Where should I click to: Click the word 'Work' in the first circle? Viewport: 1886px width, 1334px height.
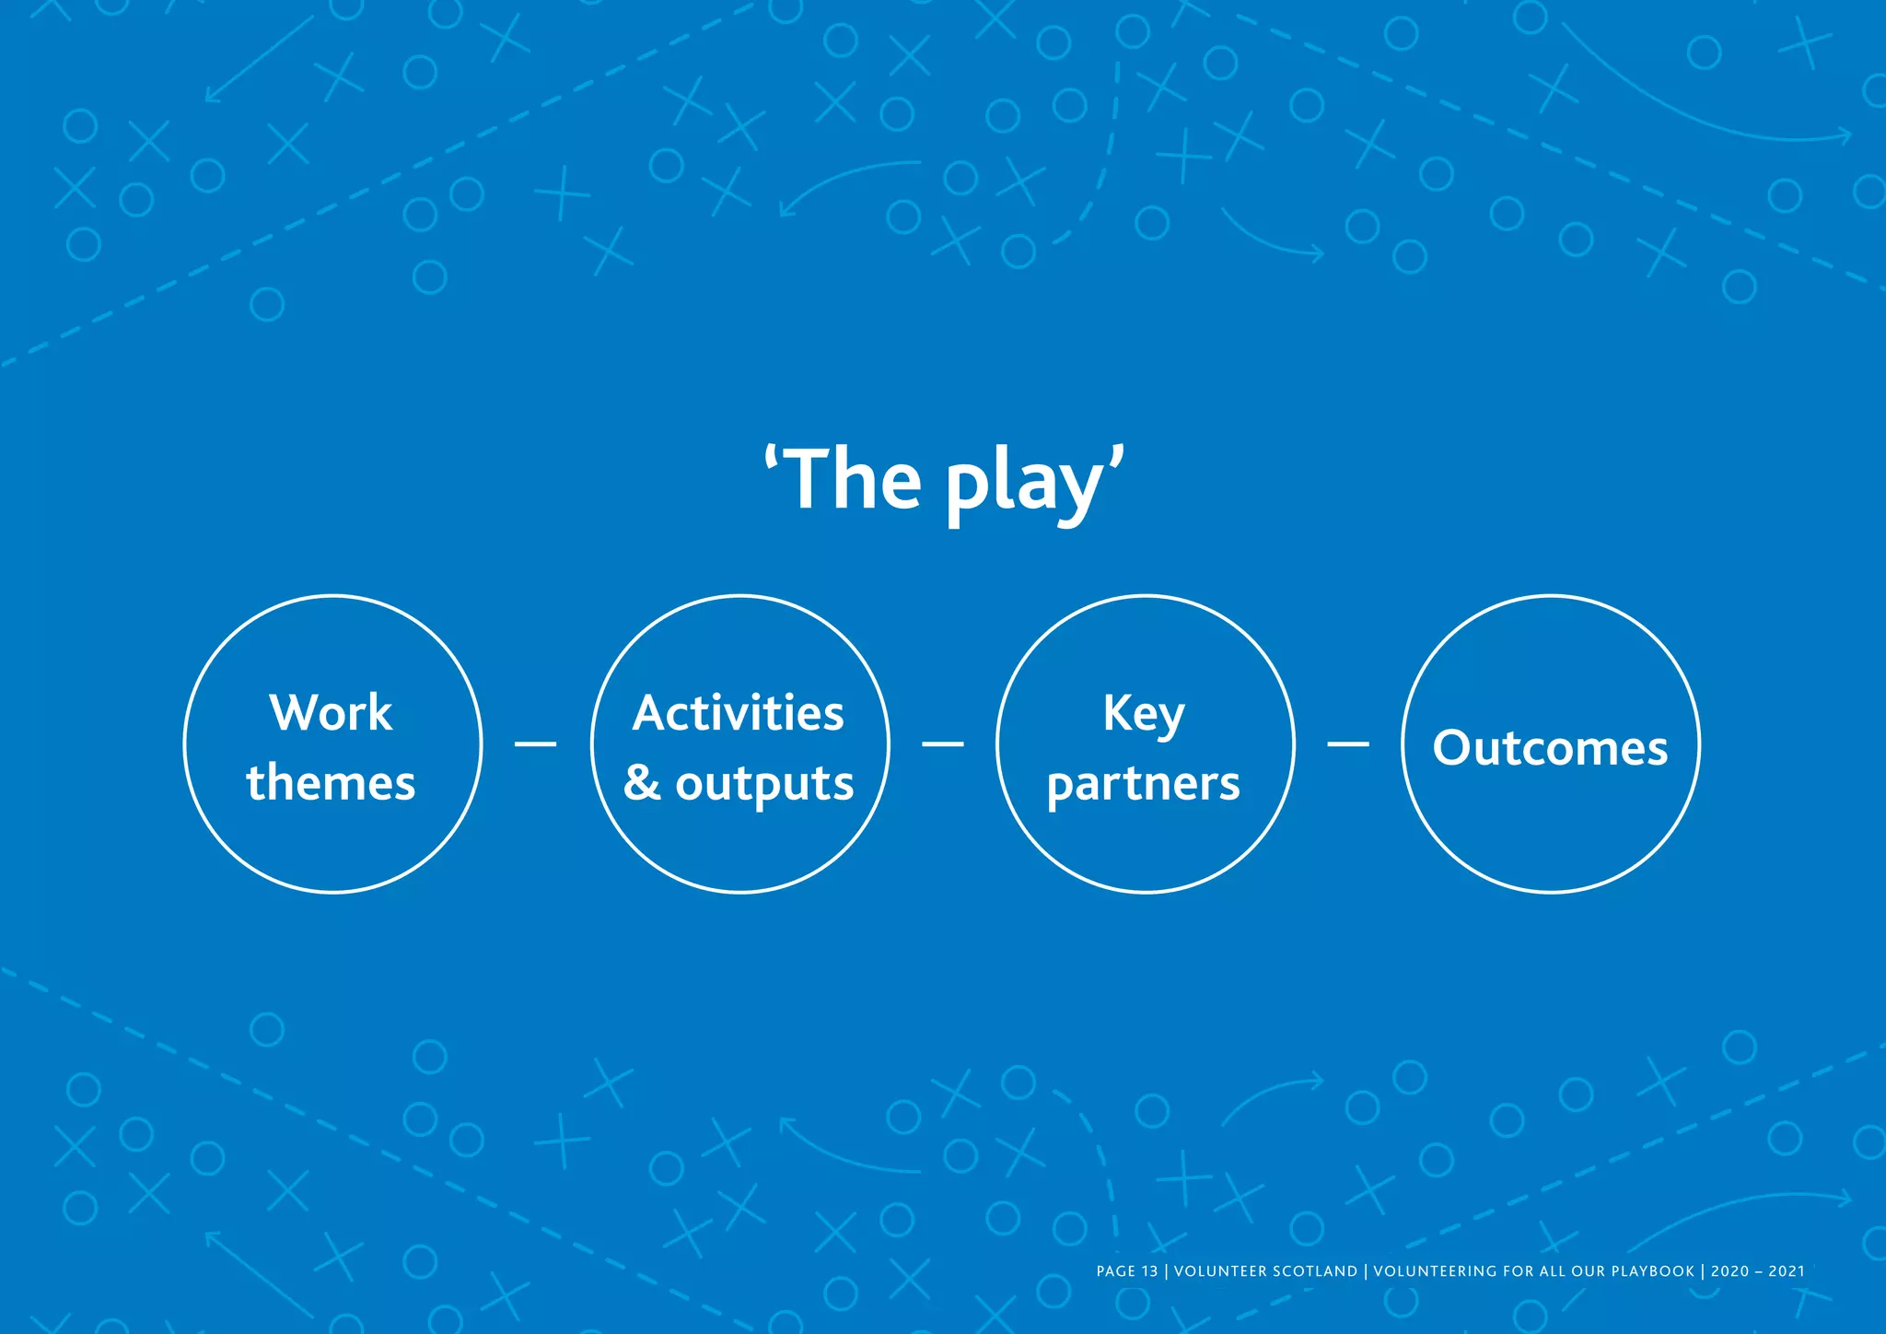331,713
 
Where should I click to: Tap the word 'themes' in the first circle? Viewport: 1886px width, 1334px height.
331,783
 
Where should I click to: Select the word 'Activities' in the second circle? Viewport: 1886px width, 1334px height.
739,713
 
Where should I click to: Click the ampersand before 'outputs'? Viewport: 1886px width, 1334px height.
642,783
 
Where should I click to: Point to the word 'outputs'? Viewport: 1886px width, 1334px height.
764,785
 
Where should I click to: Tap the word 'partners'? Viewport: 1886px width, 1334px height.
1144,785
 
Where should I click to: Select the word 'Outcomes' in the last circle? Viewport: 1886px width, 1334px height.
1550,747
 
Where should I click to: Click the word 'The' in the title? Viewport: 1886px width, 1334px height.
855,480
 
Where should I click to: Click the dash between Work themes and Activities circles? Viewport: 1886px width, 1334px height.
535,743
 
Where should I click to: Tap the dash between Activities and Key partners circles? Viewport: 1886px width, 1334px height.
942,743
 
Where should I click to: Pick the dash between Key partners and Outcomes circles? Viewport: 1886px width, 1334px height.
1347,743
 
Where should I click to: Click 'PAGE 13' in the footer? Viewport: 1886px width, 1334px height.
1126,1271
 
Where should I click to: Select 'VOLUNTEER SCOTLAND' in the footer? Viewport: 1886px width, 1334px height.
1265,1271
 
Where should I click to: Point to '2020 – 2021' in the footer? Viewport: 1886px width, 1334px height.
1757,1271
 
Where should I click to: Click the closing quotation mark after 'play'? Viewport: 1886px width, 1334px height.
1117,458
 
